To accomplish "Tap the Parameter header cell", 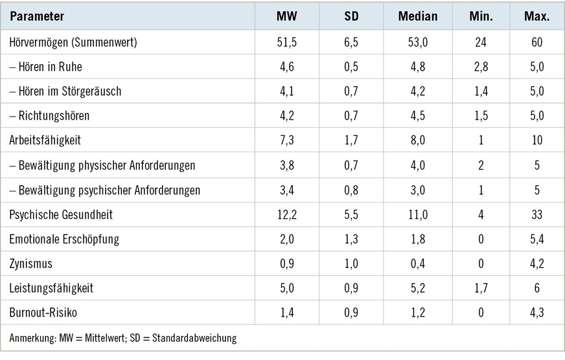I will pos(36,16).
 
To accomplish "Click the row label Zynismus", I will pos(31,264).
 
